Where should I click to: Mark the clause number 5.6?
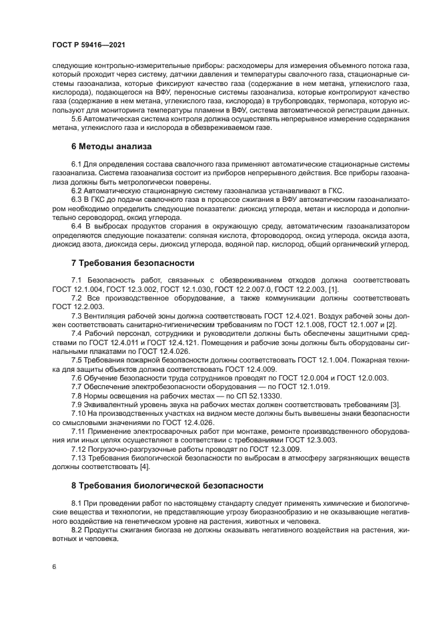[x=77, y=118]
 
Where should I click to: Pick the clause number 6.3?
[x=77, y=199]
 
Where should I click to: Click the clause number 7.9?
[x=77, y=404]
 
